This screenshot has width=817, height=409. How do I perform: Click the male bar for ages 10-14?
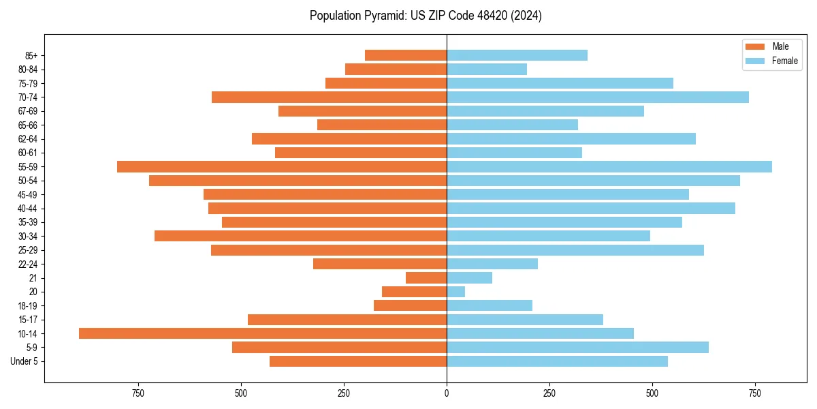[263, 333]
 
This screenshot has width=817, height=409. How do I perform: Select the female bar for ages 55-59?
[609, 166]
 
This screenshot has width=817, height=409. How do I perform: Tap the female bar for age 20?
[455, 292]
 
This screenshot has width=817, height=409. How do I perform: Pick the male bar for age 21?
[426, 277]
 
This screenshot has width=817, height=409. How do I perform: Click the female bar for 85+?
[517, 55]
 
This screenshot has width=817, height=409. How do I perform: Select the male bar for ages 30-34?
[300, 236]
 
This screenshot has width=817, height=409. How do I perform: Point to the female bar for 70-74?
[598, 97]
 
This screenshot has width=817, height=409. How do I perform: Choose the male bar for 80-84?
[396, 69]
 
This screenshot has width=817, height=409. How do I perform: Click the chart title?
[426, 16]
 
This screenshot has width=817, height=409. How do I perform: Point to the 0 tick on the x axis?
[447, 393]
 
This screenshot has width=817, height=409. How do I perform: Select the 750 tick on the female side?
[754, 393]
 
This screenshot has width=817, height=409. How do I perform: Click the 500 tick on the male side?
[241, 393]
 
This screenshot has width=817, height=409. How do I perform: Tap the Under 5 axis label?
[24, 361]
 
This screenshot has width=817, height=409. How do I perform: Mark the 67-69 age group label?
[28, 111]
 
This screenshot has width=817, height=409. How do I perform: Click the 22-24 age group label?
[28, 264]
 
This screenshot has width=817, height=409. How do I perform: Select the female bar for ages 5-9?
[577, 347]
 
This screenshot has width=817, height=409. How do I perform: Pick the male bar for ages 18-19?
[410, 305]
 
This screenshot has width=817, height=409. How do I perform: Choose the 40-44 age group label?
[28, 209]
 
